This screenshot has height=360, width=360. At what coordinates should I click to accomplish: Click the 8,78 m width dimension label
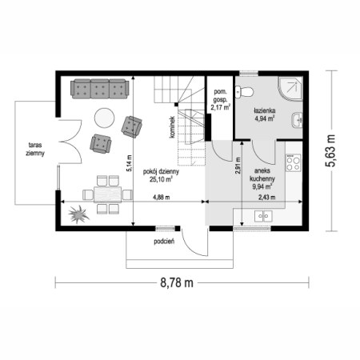pyautogui.click(x=177, y=282)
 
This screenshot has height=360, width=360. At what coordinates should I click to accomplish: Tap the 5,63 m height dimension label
pyautogui.click(x=330, y=150)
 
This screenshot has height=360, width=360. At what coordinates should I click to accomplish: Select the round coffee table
pyautogui.click(x=105, y=118)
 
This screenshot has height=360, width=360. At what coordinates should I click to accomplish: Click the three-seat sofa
pyautogui.click(x=100, y=89)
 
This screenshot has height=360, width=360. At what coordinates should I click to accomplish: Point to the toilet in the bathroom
pyautogui.click(x=244, y=91)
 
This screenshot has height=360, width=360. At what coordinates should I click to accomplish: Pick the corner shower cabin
pyautogui.click(x=290, y=89)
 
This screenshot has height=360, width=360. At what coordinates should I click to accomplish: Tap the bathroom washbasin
pyautogui.click(x=298, y=120)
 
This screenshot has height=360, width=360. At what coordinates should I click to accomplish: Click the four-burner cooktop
pyautogui.click(x=293, y=162)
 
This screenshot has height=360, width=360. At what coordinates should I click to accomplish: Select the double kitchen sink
pyautogui.click(x=263, y=216)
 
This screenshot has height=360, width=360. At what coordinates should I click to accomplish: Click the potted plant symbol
pyautogui.click(x=78, y=214)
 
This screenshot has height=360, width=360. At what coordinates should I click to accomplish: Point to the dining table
pyautogui.click(x=107, y=194)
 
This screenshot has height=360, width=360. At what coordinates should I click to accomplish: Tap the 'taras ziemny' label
pyautogui.click(x=35, y=149)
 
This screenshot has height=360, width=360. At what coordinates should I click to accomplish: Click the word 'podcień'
pyautogui.click(x=164, y=242)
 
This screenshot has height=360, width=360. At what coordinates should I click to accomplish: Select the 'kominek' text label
pyautogui.click(x=172, y=127)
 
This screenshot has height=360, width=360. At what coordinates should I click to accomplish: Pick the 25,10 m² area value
pyautogui.click(x=161, y=179)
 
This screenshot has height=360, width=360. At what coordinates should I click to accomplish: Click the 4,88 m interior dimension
pyautogui.click(x=161, y=198)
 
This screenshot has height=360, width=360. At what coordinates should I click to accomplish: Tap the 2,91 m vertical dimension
pyautogui.click(x=238, y=166)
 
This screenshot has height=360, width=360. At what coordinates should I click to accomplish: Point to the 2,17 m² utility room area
pyautogui.click(x=220, y=107)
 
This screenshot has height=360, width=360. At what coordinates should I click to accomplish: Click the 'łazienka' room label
pyautogui.click(x=264, y=110)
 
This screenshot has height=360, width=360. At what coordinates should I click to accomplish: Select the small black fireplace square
pyautogui.click(x=176, y=104)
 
